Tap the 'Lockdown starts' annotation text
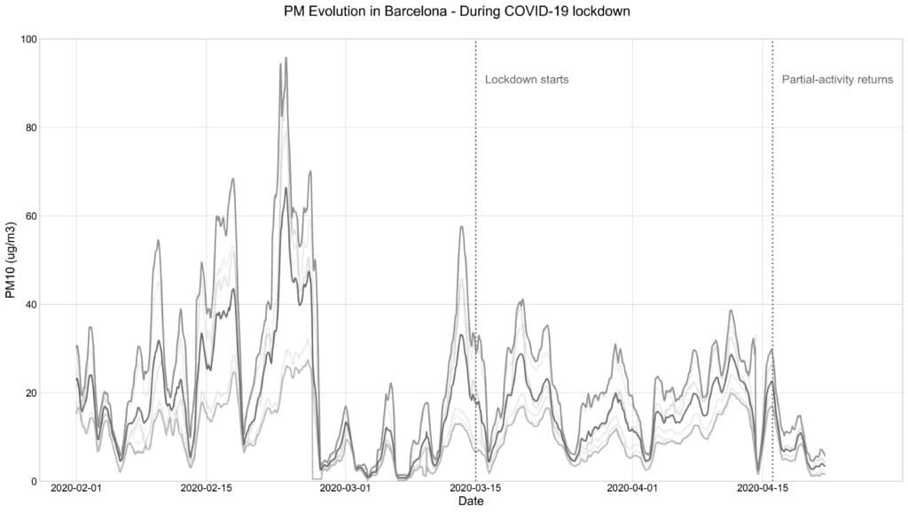pos(527,80)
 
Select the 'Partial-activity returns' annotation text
pos(837,80)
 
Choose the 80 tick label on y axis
pos(29,128)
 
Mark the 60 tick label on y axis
pos(29,216)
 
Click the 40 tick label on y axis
pos(29,305)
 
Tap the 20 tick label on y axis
pos(29,393)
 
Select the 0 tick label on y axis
pos(33,481)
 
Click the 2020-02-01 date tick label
pos(77,488)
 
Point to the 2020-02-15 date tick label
pos(207,488)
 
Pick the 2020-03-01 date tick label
pos(345,488)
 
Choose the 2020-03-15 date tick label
pos(474,488)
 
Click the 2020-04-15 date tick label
pos(763,488)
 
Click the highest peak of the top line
pos(286,58)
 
